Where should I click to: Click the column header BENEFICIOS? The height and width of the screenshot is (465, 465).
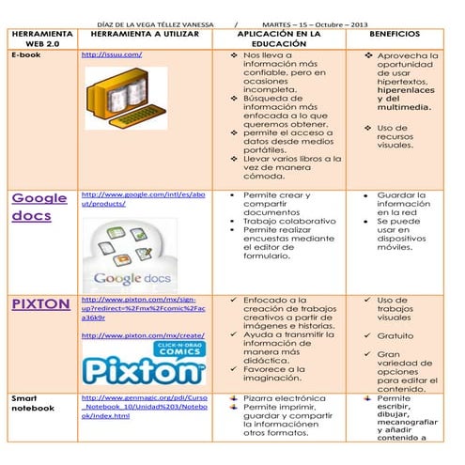(395, 33)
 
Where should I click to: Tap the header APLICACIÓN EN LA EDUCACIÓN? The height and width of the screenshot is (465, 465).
(279, 38)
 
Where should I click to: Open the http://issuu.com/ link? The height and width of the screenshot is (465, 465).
(112, 55)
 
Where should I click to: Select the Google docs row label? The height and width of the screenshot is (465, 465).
(39, 207)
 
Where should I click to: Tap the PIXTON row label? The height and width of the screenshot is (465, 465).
(40, 304)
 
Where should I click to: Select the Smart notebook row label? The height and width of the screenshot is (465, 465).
(34, 405)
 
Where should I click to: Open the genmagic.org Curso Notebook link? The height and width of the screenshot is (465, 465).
(144, 407)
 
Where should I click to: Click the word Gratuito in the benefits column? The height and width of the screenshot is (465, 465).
(397, 335)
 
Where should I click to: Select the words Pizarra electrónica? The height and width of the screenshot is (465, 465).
(284, 398)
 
